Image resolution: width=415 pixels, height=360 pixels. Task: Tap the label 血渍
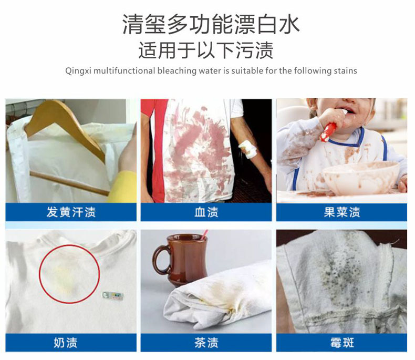coord(206,212)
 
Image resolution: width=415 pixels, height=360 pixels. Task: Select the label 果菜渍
coord(342,212)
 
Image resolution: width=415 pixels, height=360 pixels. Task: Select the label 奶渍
coord(66,343)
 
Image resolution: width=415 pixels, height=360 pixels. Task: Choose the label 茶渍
coord(206,343)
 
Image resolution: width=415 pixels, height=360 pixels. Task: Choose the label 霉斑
coord(342,343)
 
